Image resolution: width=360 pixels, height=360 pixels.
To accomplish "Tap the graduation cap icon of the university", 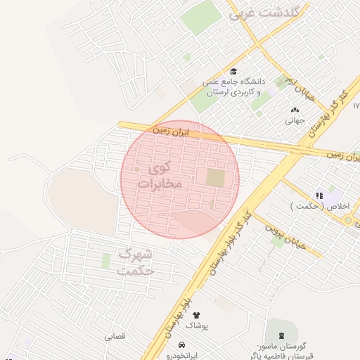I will [233, 71].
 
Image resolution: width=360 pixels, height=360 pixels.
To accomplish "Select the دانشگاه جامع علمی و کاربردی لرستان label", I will [232, 86].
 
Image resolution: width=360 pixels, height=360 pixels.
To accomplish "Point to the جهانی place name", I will [294, 120].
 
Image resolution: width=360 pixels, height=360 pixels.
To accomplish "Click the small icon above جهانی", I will [294, 109].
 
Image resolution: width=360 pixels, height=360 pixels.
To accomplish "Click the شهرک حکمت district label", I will [136, 261].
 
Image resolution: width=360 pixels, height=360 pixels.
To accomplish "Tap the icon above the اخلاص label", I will [319, 195].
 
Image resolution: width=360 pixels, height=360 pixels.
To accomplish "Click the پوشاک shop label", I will [202, 326].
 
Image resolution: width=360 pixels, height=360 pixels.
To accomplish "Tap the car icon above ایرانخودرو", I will [182, 345].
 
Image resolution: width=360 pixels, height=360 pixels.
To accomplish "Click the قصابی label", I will [115, 336].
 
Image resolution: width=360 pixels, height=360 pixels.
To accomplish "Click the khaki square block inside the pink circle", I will [215, 178].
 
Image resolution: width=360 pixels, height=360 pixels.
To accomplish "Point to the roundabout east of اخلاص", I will [349, 220].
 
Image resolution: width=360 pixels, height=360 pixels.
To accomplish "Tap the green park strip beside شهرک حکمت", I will [106, 261].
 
